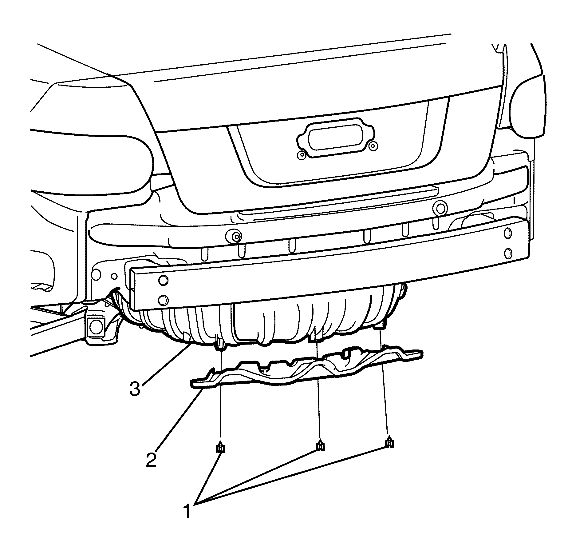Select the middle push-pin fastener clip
[320, 445]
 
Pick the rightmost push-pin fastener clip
[389, 442]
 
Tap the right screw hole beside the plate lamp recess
[373, 146]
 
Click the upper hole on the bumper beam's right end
[508, 233]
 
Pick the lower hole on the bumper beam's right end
[508, 253]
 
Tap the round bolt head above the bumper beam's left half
[235, 237]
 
